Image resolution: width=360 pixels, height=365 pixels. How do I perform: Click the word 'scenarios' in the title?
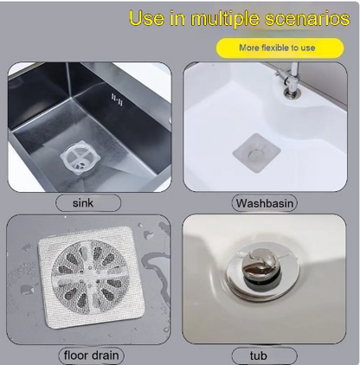coord(307,18)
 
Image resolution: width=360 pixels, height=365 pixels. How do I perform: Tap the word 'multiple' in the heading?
coord(225,19)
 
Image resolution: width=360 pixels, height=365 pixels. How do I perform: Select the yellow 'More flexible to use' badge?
coord(280,48)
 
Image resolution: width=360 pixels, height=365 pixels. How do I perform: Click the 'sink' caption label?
coord(88,203)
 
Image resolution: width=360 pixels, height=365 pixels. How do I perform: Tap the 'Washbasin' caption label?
coord(265,203)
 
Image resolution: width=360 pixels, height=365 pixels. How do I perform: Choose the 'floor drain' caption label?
coord(91,355)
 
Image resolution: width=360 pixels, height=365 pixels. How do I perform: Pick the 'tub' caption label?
coord(264,355)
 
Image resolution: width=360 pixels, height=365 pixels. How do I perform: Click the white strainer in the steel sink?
coord(80,158)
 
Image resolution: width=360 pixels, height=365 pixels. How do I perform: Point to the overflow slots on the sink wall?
coord(117,99)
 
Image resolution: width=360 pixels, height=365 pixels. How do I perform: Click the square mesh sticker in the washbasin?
coord(256,153)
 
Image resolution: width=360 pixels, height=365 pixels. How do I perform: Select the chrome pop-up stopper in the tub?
coord(262,266)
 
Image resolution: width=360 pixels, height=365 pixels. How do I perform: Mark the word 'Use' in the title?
coord(146,18)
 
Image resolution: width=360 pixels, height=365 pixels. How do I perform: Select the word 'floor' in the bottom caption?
coord(75,355)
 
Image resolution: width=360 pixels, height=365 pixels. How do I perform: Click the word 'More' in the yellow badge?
coord(249,48)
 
